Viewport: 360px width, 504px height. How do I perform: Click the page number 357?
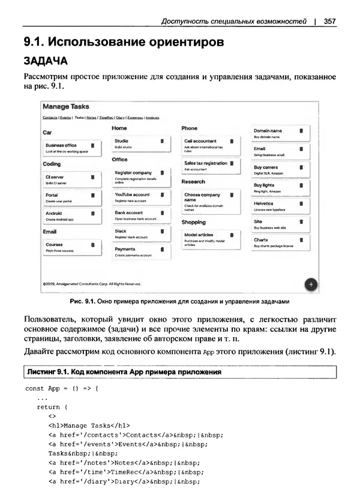(329, 22)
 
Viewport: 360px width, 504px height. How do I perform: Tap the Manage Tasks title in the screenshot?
(66, 107)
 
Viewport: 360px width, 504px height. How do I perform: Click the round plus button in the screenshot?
(311, 284)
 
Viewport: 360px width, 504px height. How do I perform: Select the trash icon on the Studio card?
(162, 141)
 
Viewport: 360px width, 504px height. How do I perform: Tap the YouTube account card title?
(132, 195)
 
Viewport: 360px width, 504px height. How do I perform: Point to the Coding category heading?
(52, 164)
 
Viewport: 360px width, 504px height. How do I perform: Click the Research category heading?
(193, 181)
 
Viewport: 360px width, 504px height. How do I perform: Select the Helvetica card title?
(264, 204)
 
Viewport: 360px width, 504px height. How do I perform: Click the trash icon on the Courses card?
(92, 245)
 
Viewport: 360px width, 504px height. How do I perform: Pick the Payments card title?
(125, 249)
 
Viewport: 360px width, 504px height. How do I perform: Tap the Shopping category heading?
(194, 222)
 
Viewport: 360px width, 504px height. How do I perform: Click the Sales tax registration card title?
(205, 163)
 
